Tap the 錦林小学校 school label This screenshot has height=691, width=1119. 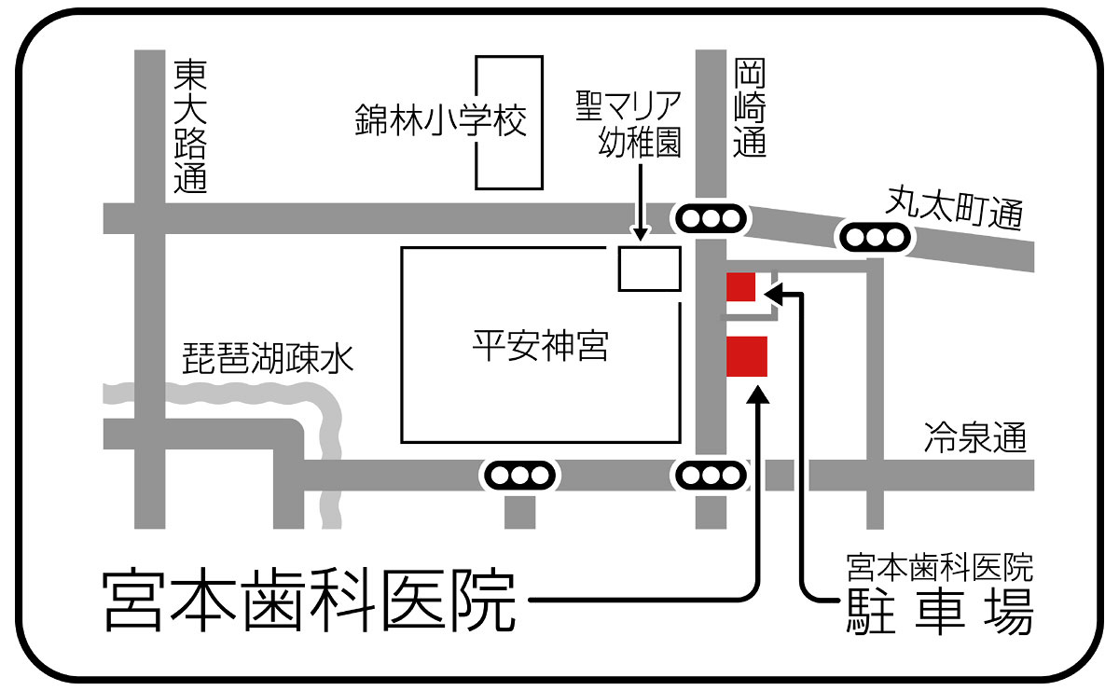click(x=441, y=121)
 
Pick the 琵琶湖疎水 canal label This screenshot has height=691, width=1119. click(x=269, y=359)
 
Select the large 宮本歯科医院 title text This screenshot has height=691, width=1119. click(x=309, y=599)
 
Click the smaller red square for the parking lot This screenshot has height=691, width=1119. click(x=741, y=288)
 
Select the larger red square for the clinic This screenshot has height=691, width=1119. click(x=747, y=357)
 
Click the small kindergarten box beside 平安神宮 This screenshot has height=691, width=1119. click(x=650, y=269)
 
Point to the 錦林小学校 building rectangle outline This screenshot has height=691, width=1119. click(x=509, y=122)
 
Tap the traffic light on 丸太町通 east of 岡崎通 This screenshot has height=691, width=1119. click(x=876, y=238)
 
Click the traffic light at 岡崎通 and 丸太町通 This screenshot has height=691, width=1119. click(x=711, y=219)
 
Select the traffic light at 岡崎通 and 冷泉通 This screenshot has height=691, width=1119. click(x=711, y=476)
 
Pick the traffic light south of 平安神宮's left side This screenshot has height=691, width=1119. click(x=518, y=476)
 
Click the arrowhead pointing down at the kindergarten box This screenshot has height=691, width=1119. click(x=641, y=234)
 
